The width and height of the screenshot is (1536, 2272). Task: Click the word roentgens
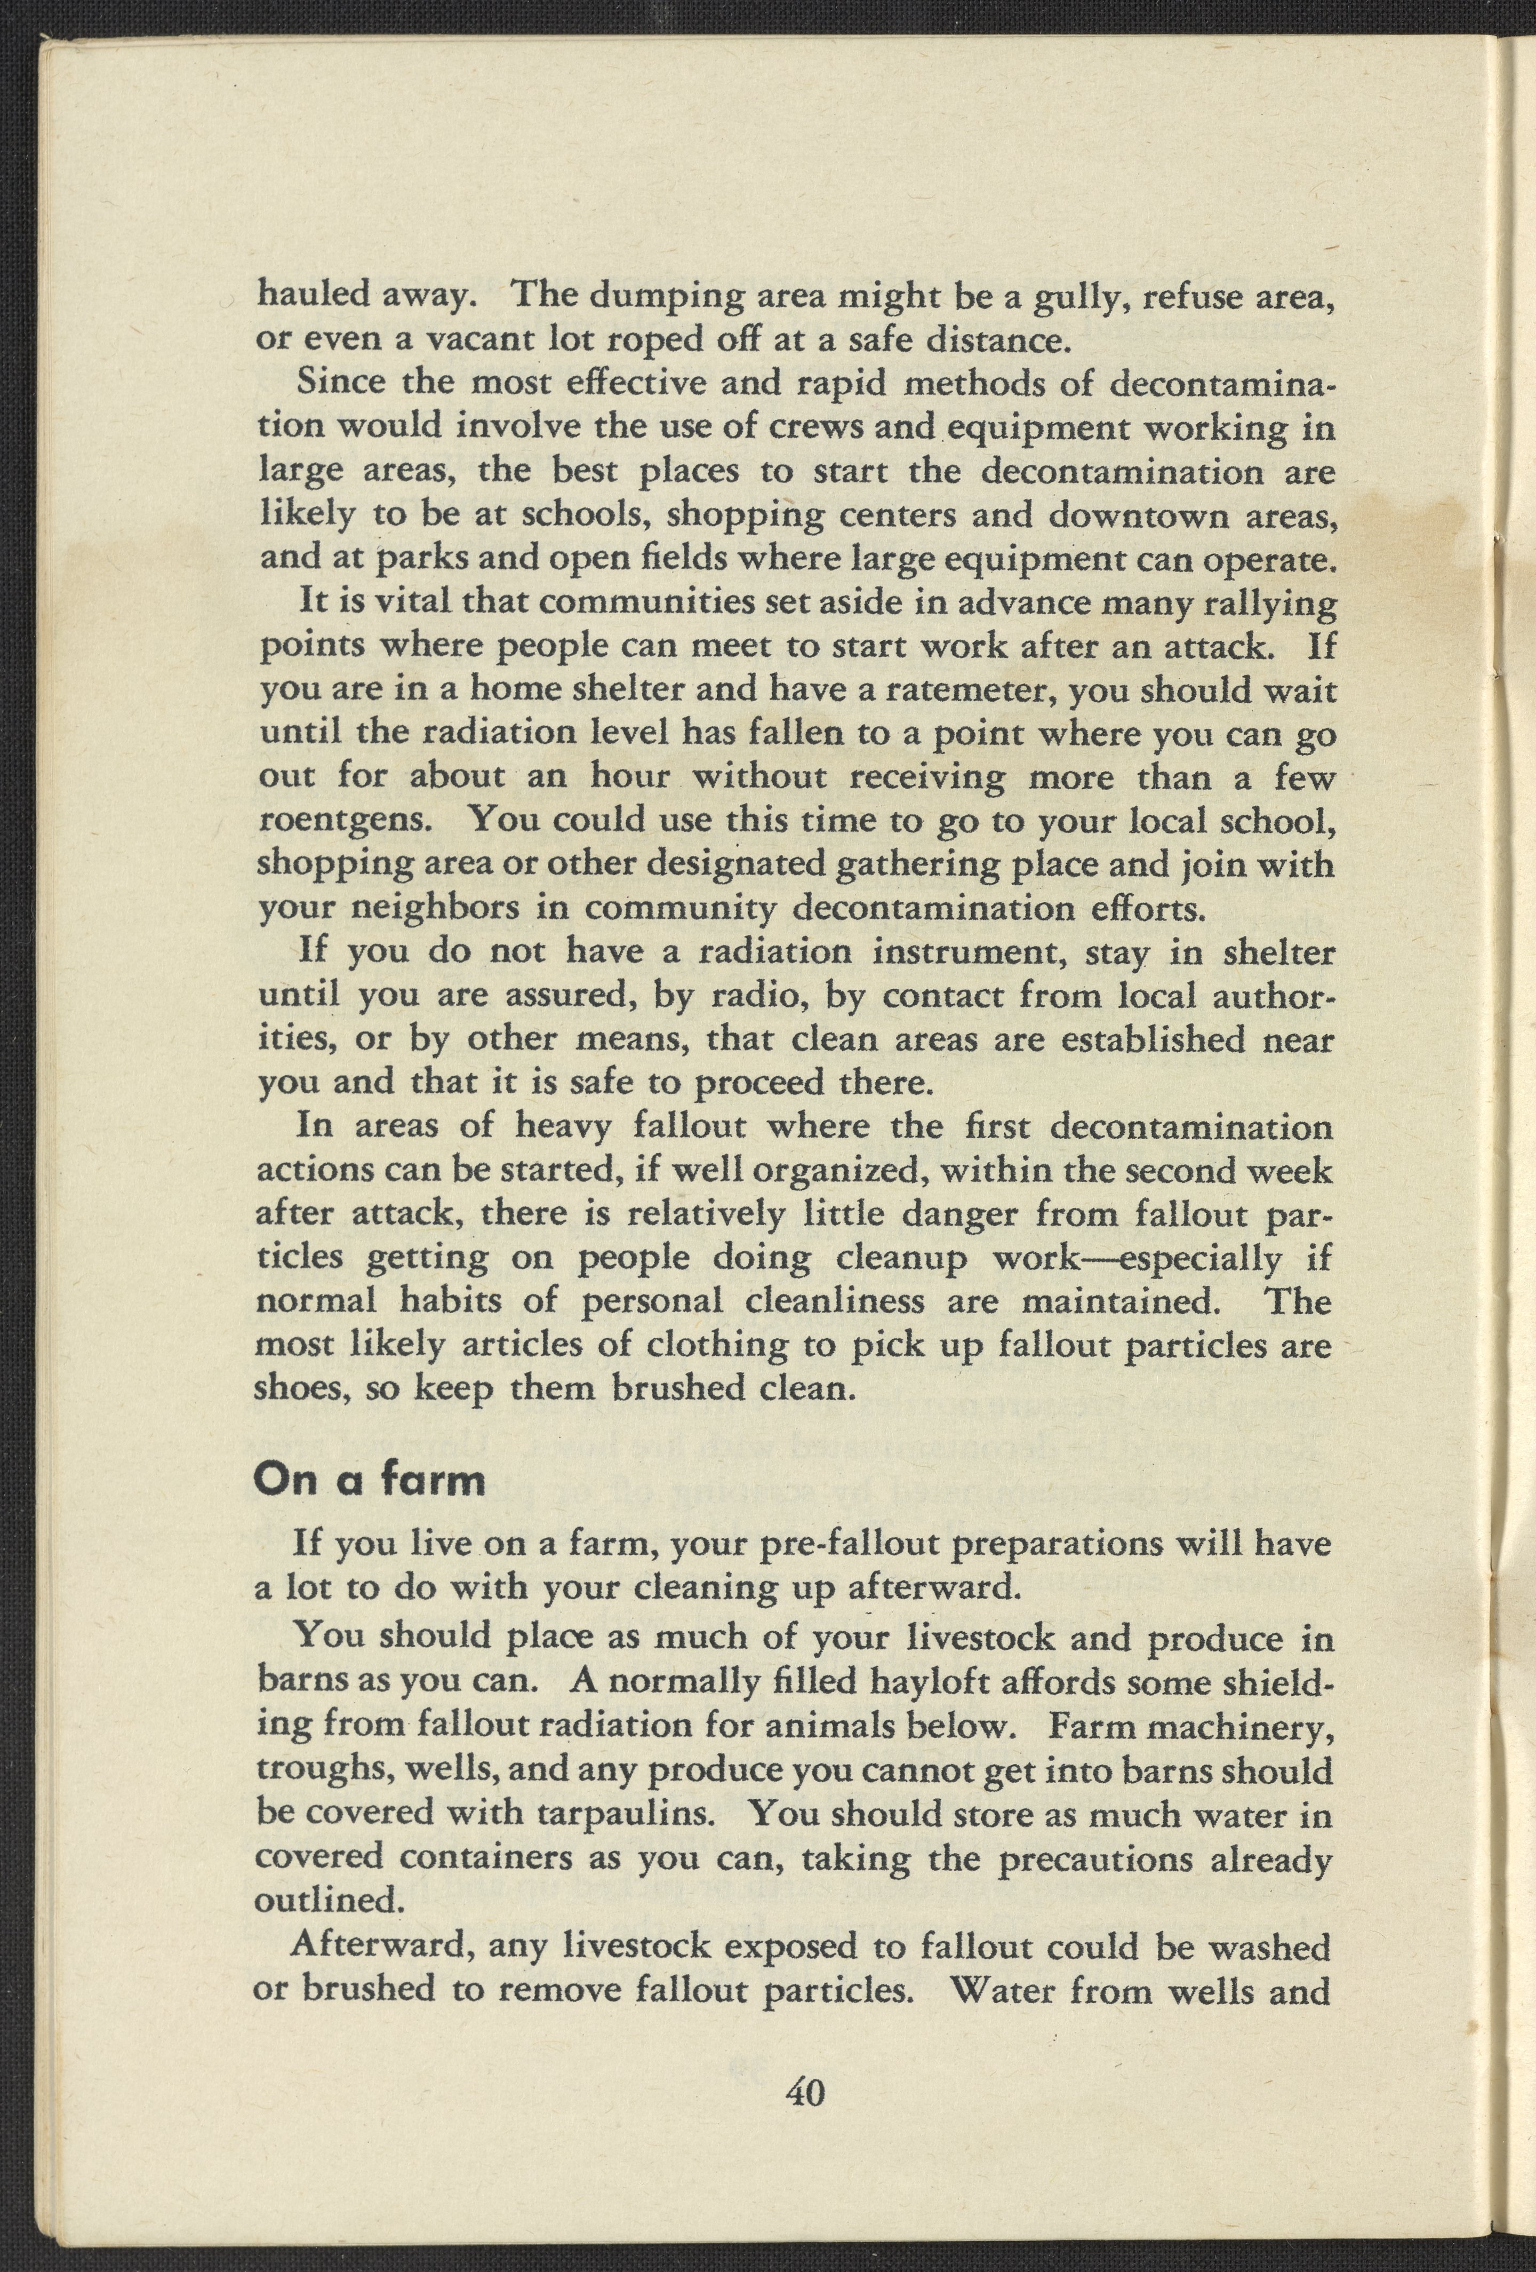pos(342,821)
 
